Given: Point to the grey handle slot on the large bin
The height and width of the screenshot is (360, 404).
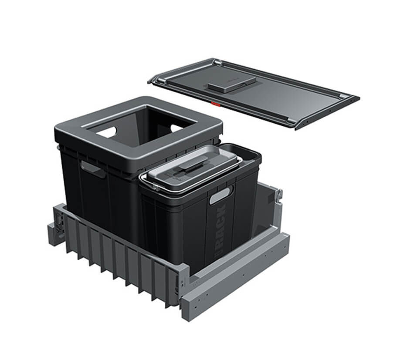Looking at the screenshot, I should tap(92, 168).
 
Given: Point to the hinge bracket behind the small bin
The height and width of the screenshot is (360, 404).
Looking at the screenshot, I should tap(278, 197).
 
